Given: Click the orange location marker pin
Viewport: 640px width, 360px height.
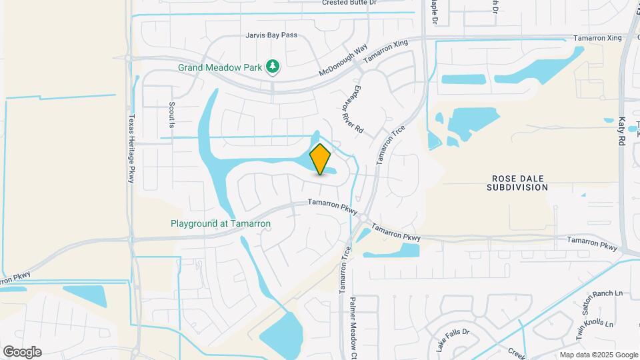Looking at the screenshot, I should [x=321, y=159].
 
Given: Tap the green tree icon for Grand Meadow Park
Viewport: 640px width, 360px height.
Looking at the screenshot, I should [x=272, y=66].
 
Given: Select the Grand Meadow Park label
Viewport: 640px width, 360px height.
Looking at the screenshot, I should [x=221, y=67].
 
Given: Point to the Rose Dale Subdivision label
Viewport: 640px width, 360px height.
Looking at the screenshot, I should [x=519, y=183].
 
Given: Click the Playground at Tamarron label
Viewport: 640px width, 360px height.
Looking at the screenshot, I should [x=221, y=224].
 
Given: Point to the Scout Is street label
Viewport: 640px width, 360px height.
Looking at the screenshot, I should [x=171, y=115].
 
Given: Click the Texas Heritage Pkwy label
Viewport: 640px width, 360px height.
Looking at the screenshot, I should [x=131, y=147].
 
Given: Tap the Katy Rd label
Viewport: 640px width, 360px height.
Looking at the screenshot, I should [x=621, y=132].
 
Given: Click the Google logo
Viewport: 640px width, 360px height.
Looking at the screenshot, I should [x=22, y=351].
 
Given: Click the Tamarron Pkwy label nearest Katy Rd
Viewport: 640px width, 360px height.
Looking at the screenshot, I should [x=592, y=243].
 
